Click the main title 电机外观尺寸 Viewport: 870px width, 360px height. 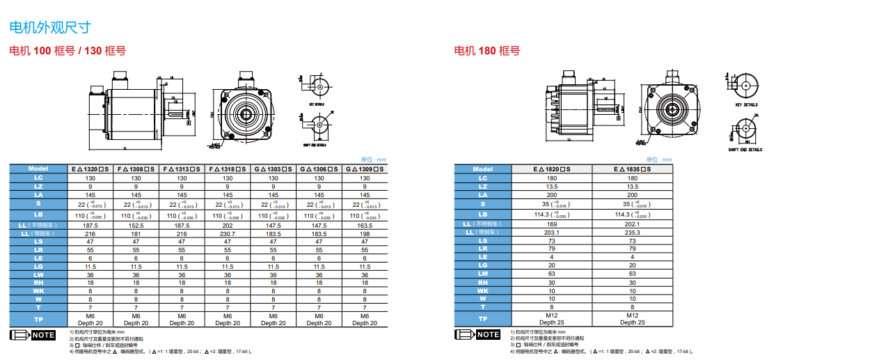point(49,27)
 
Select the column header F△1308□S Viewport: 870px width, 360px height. point(136,169)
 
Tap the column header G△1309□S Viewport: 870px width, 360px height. point(365,169)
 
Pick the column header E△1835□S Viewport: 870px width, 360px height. point(632,169)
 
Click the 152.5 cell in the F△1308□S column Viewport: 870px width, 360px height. point(136,226)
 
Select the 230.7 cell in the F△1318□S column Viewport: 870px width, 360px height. point(228,233)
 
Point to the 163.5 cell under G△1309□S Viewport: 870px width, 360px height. point(365,226)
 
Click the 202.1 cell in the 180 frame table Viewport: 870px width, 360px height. point(632,224)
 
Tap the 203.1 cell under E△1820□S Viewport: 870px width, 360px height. point(551,233)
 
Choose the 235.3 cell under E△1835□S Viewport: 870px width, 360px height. point(632,233)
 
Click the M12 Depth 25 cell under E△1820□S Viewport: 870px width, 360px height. point(551,318)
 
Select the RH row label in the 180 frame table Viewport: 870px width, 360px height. point(483,282)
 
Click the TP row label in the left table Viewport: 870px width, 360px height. point(38,319)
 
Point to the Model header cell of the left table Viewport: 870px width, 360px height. point(38,169)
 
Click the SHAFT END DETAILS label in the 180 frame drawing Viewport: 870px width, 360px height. point(745,149)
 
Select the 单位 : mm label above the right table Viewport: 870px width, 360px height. point(659,159)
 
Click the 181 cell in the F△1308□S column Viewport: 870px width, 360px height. point(136,233)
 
